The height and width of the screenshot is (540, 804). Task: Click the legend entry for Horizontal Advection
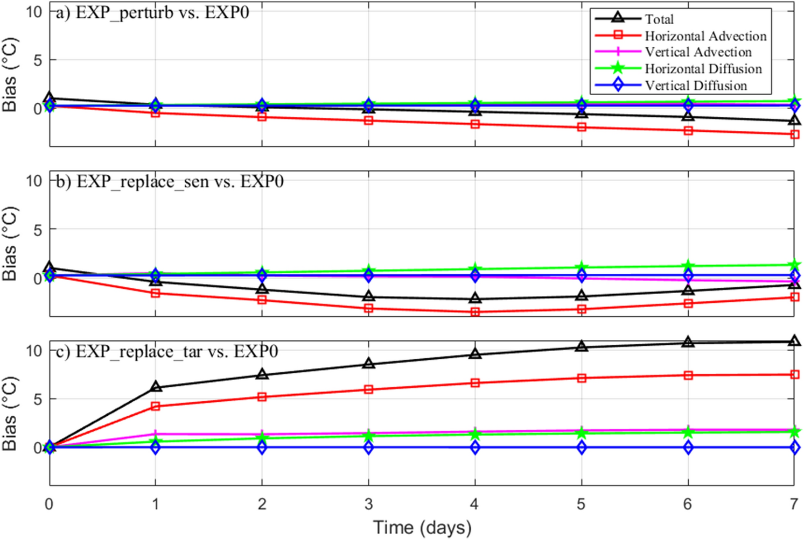point(705,36)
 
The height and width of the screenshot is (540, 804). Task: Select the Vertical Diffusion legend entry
point(696,86)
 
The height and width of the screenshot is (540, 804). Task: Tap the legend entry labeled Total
point(659,19)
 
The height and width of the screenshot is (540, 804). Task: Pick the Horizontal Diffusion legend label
point(703,69)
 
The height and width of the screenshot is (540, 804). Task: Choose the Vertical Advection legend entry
point(698,52)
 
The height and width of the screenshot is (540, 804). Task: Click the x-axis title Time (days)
point(422,528)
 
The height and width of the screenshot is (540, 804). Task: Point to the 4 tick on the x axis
point(474,504)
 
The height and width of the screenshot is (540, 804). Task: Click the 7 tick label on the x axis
point(794,504)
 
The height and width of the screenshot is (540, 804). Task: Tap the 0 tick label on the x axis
point(49,504)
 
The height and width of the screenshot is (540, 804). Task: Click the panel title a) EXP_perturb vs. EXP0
point(153,12)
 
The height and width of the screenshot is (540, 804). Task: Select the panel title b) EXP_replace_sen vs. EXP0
point(170,182)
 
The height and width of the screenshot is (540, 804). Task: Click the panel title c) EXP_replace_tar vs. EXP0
point(167,352)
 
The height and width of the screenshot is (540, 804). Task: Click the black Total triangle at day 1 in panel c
point(156,387)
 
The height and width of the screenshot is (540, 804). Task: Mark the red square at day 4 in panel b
point(475,312)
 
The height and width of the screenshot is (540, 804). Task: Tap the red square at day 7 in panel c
point(794,374)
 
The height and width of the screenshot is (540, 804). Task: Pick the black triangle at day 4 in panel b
point(475,299)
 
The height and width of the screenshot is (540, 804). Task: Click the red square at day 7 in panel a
point(794,134)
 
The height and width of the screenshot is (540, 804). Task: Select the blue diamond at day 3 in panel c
point(369,447)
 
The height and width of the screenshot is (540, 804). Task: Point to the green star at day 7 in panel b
point(794,265)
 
